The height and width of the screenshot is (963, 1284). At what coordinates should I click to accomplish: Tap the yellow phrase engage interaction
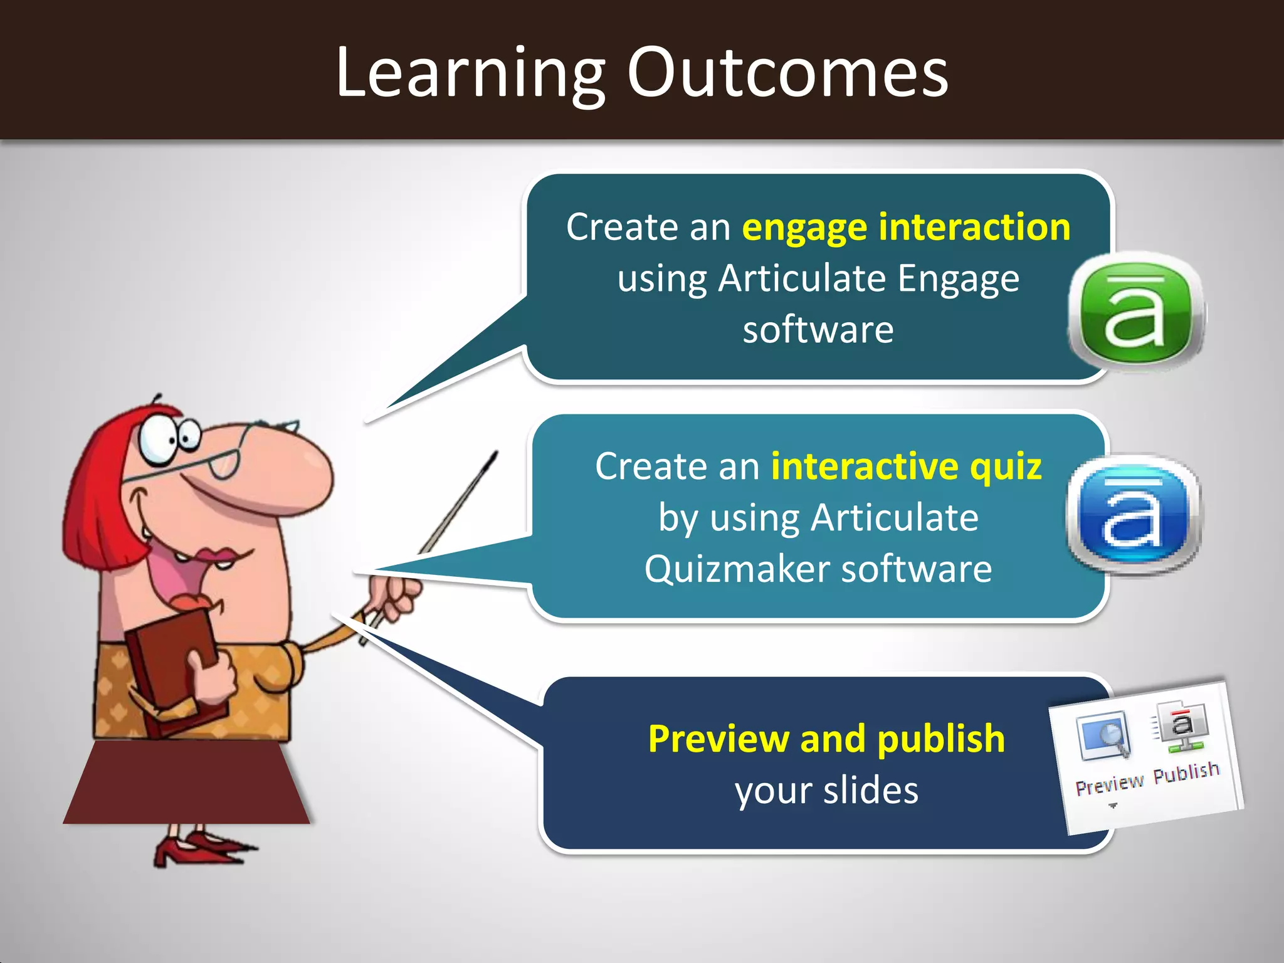[x=906, y=227]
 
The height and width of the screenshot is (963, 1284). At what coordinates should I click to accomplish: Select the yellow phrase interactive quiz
[x=906, y=466]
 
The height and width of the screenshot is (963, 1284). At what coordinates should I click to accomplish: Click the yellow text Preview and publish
[x=826, y=739]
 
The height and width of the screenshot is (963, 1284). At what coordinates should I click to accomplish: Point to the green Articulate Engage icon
[x=1135, y=310]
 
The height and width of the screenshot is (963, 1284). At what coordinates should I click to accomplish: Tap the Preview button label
[x=1109, y=784]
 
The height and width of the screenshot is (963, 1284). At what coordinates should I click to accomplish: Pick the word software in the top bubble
[x=818, y=330]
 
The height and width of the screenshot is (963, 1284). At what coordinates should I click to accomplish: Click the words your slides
[x=826, y=790]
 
